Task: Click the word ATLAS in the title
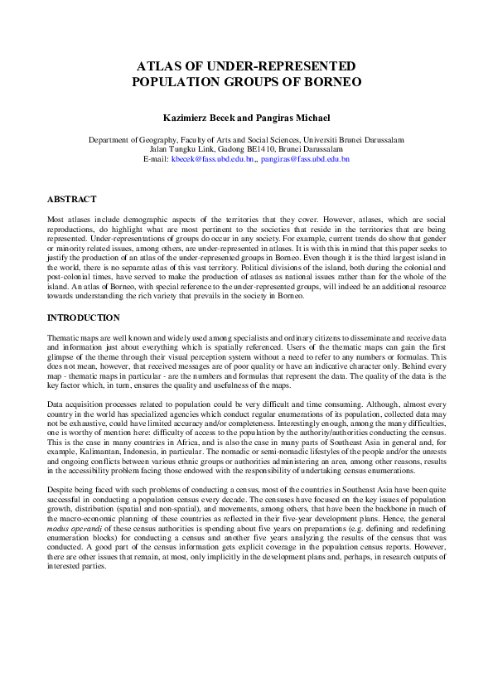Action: point(156,65)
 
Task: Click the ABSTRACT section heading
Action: point(71,200)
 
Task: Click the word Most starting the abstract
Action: point(56,216)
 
